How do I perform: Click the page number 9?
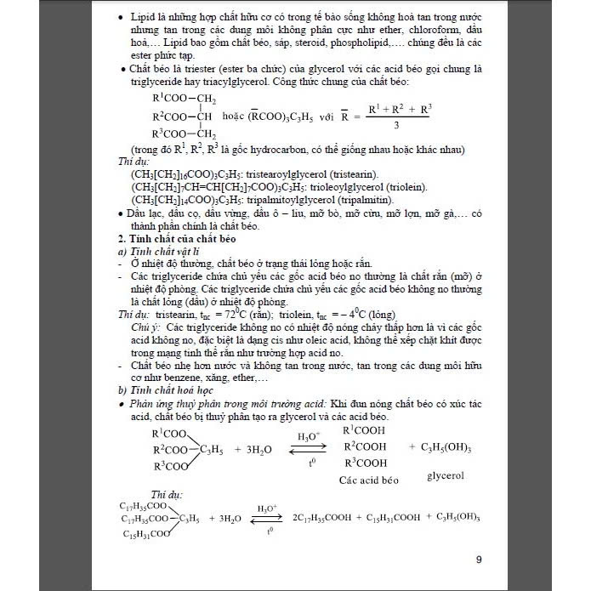[x=478, y=559]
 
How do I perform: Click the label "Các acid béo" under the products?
[x=368, y=479]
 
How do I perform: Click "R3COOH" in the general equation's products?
[x=366, y=463]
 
